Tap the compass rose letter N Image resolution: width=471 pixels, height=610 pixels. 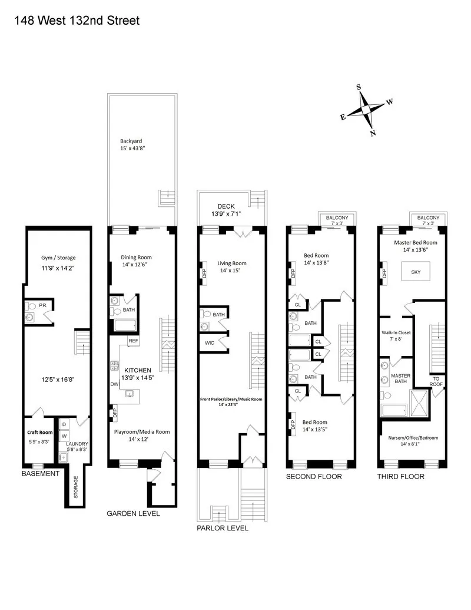click(x=373, y=133)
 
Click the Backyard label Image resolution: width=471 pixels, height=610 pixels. click(x=131, y=141)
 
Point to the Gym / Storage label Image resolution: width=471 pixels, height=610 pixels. click(x=58, y=258)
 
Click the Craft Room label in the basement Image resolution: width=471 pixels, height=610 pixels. click(x=40, y=432)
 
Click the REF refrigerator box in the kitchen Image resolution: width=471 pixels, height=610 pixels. click(x=133, y=341)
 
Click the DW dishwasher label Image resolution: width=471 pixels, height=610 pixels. click(x=114, y=384)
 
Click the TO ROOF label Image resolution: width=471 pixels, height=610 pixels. click(x=436, y=382)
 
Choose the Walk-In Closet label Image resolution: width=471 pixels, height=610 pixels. click(x=395, y=335)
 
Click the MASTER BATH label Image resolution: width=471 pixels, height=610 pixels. click(x=401, y=378)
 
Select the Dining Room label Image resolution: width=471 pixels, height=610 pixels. click(x=136, y=257)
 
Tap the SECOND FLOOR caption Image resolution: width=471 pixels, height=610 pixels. click(x=314, y=476)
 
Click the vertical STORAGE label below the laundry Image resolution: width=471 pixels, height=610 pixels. click(x=75, y=487)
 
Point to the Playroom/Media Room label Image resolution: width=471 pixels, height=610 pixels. click(x=142, y=431)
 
